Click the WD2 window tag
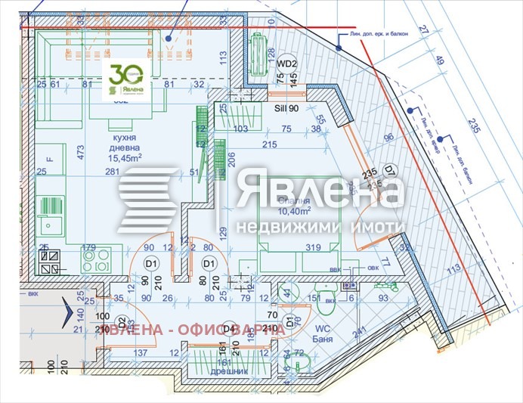286,64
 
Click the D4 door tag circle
227,329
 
